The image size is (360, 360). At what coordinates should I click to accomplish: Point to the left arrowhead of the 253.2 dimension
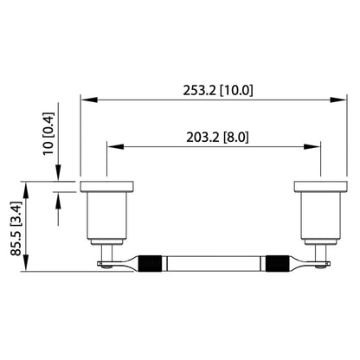coord(85,100)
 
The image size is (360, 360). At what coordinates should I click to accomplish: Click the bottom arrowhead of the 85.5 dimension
coord(31,266)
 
